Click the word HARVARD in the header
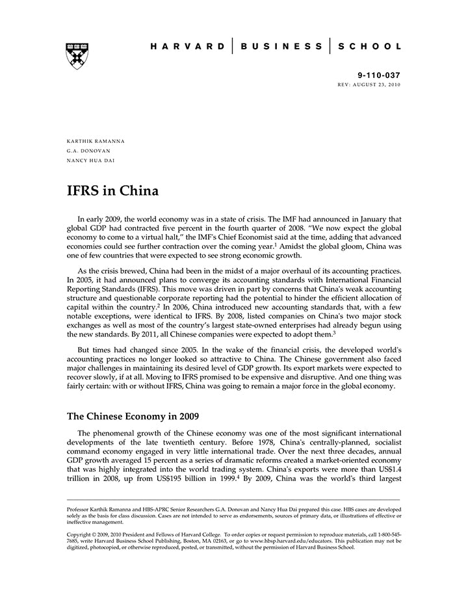click(x=188, y=47)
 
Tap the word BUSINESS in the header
click(x=281, y=47)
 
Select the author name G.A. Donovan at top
click(x=84, y=150)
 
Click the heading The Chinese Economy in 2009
click(x=133, y=416)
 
